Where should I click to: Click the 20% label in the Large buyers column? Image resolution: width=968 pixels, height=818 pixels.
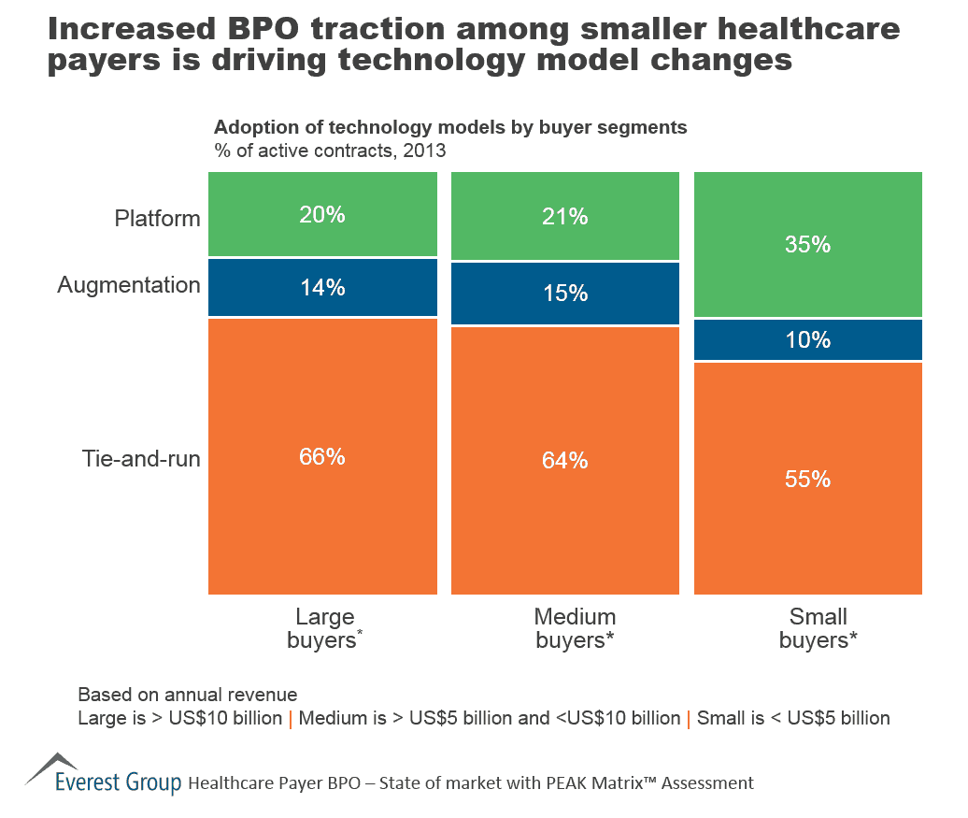tap(322, 215)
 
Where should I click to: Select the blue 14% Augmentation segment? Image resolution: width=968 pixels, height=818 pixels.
tap(322, 288)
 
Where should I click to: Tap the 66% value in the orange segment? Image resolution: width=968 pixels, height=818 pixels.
tap(322, 457)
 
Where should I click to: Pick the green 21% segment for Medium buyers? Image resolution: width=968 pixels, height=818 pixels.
tap(565, 217)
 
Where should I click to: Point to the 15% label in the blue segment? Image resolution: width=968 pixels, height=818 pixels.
tap(565, 294)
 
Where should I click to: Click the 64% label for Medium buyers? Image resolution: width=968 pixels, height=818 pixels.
tap(565, 461)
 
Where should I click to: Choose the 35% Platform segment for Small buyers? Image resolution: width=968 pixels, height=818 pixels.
tap(808, 245)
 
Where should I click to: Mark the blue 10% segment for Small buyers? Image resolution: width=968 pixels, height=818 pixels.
tap(808, 340)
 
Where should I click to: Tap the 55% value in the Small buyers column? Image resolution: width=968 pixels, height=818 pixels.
tap(808, 480)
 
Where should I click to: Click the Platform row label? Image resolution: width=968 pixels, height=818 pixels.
tap(157, 219)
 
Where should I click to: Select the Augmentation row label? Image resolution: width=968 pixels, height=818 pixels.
tap(129, 285)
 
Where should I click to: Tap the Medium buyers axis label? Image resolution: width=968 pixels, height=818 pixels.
tap(574, 628)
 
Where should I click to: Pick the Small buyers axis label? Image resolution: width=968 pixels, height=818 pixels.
tap(818, 628)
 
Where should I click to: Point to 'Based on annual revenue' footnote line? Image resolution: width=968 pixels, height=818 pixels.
tap(188, 695)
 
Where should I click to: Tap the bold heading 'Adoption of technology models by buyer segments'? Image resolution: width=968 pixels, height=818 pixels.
tap(450, 128)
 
